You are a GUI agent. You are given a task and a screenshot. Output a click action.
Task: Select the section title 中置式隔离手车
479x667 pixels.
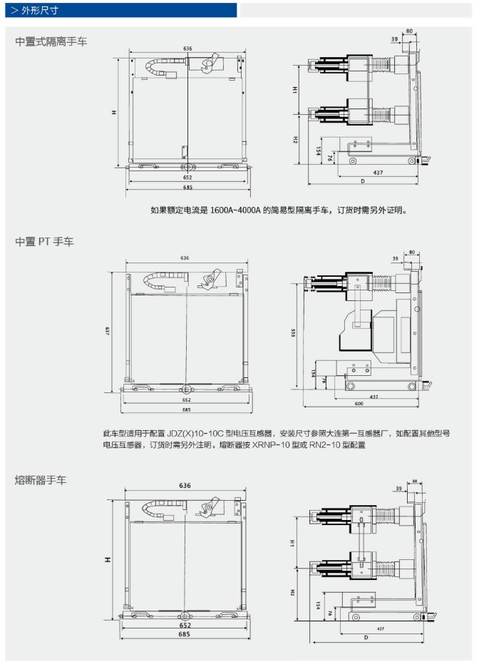tap(52, 41)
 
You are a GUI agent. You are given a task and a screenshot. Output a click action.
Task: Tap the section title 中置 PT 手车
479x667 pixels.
tap(44, 242)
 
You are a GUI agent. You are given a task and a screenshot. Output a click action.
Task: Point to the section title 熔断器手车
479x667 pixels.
tap(41, 480)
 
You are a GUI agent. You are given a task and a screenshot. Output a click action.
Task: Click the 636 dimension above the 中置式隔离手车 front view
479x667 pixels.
tap(187, 49)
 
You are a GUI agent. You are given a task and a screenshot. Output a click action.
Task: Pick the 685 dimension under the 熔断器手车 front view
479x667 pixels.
tap(184, 633)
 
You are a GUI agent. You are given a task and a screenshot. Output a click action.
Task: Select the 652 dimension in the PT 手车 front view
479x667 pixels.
tap(186, 399)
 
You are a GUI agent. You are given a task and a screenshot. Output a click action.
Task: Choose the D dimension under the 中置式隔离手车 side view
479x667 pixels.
tap(362, 181)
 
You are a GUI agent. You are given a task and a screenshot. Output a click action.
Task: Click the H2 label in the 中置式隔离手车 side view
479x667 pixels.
tap(294, 140)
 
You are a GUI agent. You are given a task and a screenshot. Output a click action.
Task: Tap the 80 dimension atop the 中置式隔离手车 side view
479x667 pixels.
tap(409, 31)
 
